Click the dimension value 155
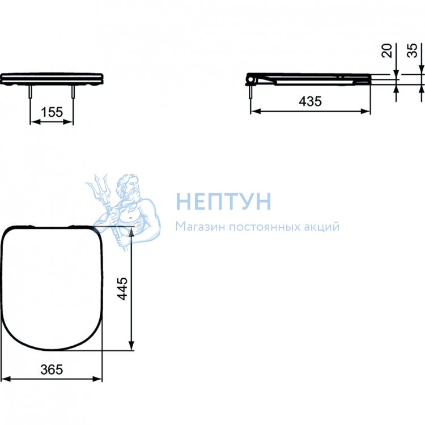pyautogui.click(x=52, y=112)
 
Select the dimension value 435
pyautogui.click(x=311, y=101)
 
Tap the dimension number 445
pyautogui.click(x=122, y=288)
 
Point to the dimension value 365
pyautogui.click(x=52, y=369)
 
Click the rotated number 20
pyautogui.click(x=387, y=50)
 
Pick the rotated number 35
pyautogui.click(x=412, y=50)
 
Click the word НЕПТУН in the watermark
pyautogui.click(x=223, y=201)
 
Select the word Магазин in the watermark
pyautogui.click(x=200, y=226)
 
